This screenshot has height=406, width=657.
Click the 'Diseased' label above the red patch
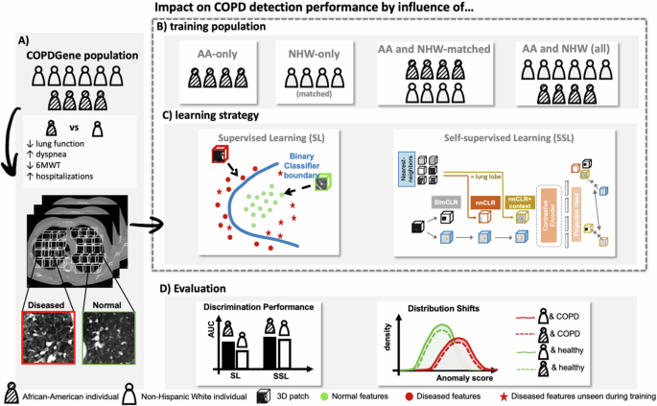(47, 305)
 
